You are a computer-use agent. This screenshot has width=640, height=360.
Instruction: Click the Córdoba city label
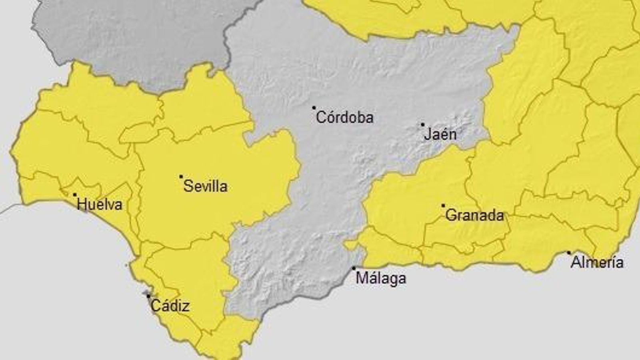345,118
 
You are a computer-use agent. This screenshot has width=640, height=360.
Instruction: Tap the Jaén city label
440,134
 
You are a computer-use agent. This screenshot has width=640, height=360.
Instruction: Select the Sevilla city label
206,186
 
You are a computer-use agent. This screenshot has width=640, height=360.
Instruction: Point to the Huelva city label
100,205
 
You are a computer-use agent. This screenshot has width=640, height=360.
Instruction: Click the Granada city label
474,216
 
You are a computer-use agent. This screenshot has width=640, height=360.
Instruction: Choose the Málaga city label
381,278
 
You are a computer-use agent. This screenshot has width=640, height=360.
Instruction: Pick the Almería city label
597,263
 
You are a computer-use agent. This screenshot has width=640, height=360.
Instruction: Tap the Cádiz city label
170,306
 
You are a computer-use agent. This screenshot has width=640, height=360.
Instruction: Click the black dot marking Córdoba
314,108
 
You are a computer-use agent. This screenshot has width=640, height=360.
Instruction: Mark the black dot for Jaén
422,125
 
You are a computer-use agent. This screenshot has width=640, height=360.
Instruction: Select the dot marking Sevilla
181,176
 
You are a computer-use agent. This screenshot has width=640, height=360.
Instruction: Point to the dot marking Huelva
75,195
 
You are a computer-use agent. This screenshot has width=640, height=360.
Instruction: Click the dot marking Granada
443,206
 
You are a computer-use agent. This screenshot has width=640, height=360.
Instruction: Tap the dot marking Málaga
354,268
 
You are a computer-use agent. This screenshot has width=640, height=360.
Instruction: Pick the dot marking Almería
569,253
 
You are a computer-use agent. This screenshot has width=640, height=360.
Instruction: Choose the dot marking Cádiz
148,296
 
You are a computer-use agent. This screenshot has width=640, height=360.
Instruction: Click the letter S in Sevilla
187,186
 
